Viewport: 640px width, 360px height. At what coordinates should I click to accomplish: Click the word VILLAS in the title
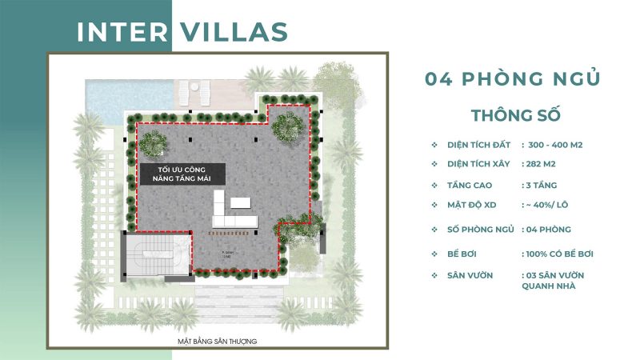pos(234,32)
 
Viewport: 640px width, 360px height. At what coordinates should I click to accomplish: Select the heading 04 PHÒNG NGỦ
pos(513,79)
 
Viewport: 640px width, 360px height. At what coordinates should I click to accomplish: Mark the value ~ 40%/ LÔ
pos(550,205)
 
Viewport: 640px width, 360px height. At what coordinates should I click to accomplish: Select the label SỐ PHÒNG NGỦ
pos(480,230)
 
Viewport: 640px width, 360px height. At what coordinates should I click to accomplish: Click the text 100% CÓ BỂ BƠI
pos(559,254)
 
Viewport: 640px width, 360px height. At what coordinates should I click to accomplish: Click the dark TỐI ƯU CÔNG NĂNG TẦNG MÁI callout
pos(181,175)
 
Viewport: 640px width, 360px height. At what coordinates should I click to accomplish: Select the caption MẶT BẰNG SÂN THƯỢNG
pos(218,342)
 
